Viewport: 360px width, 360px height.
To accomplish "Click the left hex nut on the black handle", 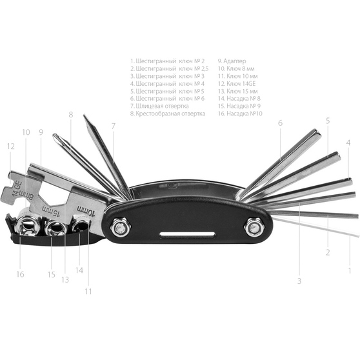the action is pyautogui.click(x=120, y=226).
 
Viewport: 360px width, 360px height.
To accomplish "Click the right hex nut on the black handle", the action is pyautogui.click(x=254, y=227).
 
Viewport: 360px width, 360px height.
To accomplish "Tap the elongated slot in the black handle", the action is pyautogui.click(x=187, y=235).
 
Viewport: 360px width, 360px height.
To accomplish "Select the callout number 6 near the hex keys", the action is pyautogui.click(x=280, y=123).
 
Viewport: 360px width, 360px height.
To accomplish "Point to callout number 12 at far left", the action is pyautogui.click(x=11, y=146).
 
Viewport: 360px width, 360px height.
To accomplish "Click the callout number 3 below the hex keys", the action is pyautogui.click(x=299, y=281).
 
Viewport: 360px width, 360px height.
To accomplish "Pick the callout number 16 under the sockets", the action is pyautogui.click(x=20, y=274).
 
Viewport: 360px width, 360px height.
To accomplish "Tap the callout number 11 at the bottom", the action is pyautogui.click(x=88, y=292).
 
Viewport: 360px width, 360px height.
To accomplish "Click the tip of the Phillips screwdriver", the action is pyautogui.click(x=54, y=135).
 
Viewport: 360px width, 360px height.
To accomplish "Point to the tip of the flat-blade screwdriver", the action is pyautogui.click(x=84, y=115).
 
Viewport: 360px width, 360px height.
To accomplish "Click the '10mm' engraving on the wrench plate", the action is pyautogui.click(x=86, y=211).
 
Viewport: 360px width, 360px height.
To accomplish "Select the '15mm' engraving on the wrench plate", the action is pyautogui.click(x=50, y=212).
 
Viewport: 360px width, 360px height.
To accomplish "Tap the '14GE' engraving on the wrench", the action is pyautogui.click(x=17, y=188).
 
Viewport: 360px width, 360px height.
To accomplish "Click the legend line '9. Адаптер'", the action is pyautogui.click(x=232, y=61).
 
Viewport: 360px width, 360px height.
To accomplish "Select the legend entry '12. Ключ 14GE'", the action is pyautogui.click(x=237, y=84).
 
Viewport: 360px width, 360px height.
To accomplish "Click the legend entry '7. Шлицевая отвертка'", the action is pyautogui.click(x=159, y=106).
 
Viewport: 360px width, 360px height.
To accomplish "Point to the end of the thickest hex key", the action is pyautogui.click(x=318, y=132).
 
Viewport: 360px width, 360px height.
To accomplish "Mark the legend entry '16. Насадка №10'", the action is pyautogui.click(x=240, y=114).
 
